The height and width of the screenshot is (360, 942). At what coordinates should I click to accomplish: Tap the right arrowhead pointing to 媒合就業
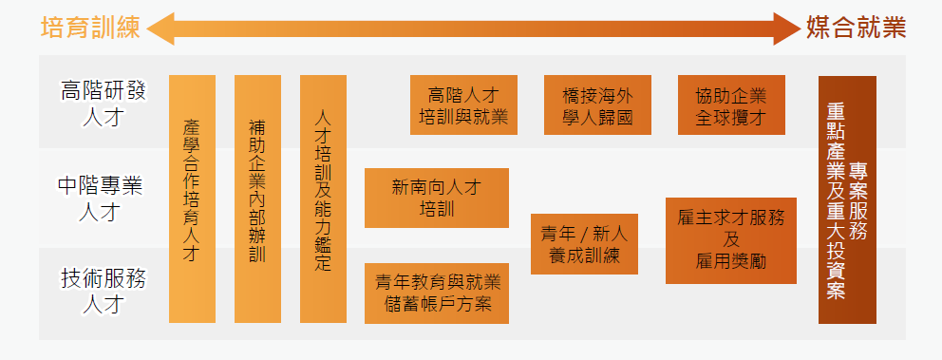(x=786, y=28)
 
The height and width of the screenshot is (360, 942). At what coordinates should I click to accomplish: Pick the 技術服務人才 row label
(x=103, y=292)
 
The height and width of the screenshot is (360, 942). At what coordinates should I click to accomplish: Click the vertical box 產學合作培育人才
(x=192, y=199)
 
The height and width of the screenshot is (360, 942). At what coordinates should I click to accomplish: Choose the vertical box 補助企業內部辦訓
(x=257, y=199)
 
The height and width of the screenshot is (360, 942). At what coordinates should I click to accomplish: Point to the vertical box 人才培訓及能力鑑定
(x=323, y=199)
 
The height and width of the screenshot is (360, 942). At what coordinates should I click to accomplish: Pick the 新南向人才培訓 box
(x=437, y=198)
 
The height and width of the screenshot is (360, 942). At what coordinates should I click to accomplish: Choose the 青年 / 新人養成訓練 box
(x=584, y=244)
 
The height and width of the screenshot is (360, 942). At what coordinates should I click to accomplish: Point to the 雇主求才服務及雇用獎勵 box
(x=730, y=239)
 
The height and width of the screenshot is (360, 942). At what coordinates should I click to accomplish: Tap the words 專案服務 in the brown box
(x=859, y=199)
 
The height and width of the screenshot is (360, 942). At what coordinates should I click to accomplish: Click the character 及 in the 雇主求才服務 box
(x=730, y=239)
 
